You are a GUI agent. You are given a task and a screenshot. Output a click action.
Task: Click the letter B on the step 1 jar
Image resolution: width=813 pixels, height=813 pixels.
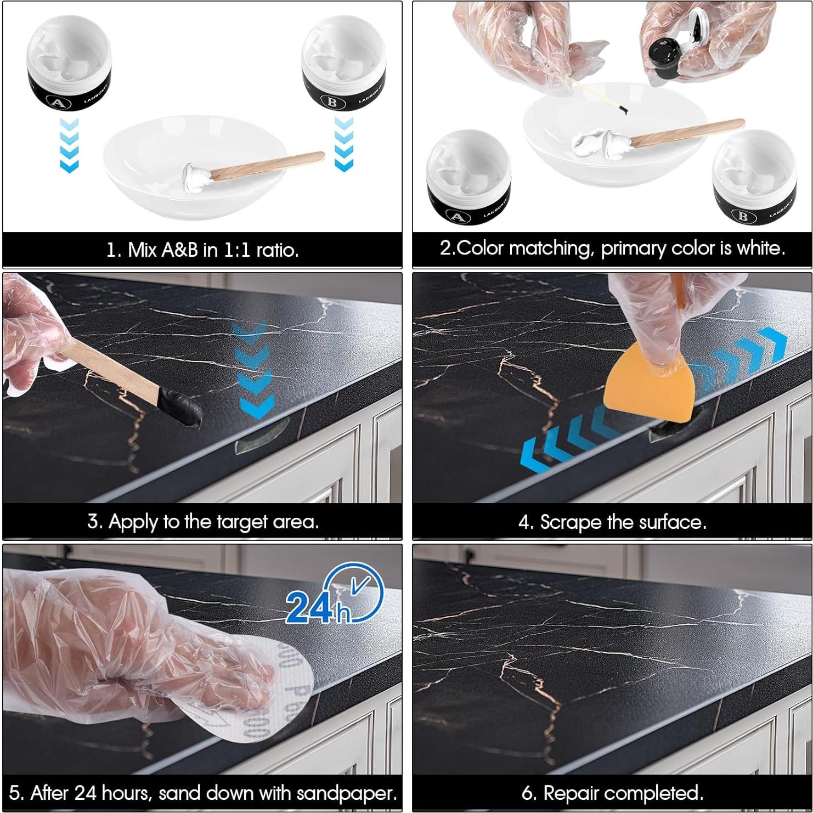click(332, 102)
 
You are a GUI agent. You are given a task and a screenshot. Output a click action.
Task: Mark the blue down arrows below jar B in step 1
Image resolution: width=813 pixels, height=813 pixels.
click(343, 144)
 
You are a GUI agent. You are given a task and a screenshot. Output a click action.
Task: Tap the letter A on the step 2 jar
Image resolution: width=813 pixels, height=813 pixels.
click(456, 216)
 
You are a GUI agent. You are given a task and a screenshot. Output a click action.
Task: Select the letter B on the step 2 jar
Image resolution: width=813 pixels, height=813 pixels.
click(743, 216)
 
